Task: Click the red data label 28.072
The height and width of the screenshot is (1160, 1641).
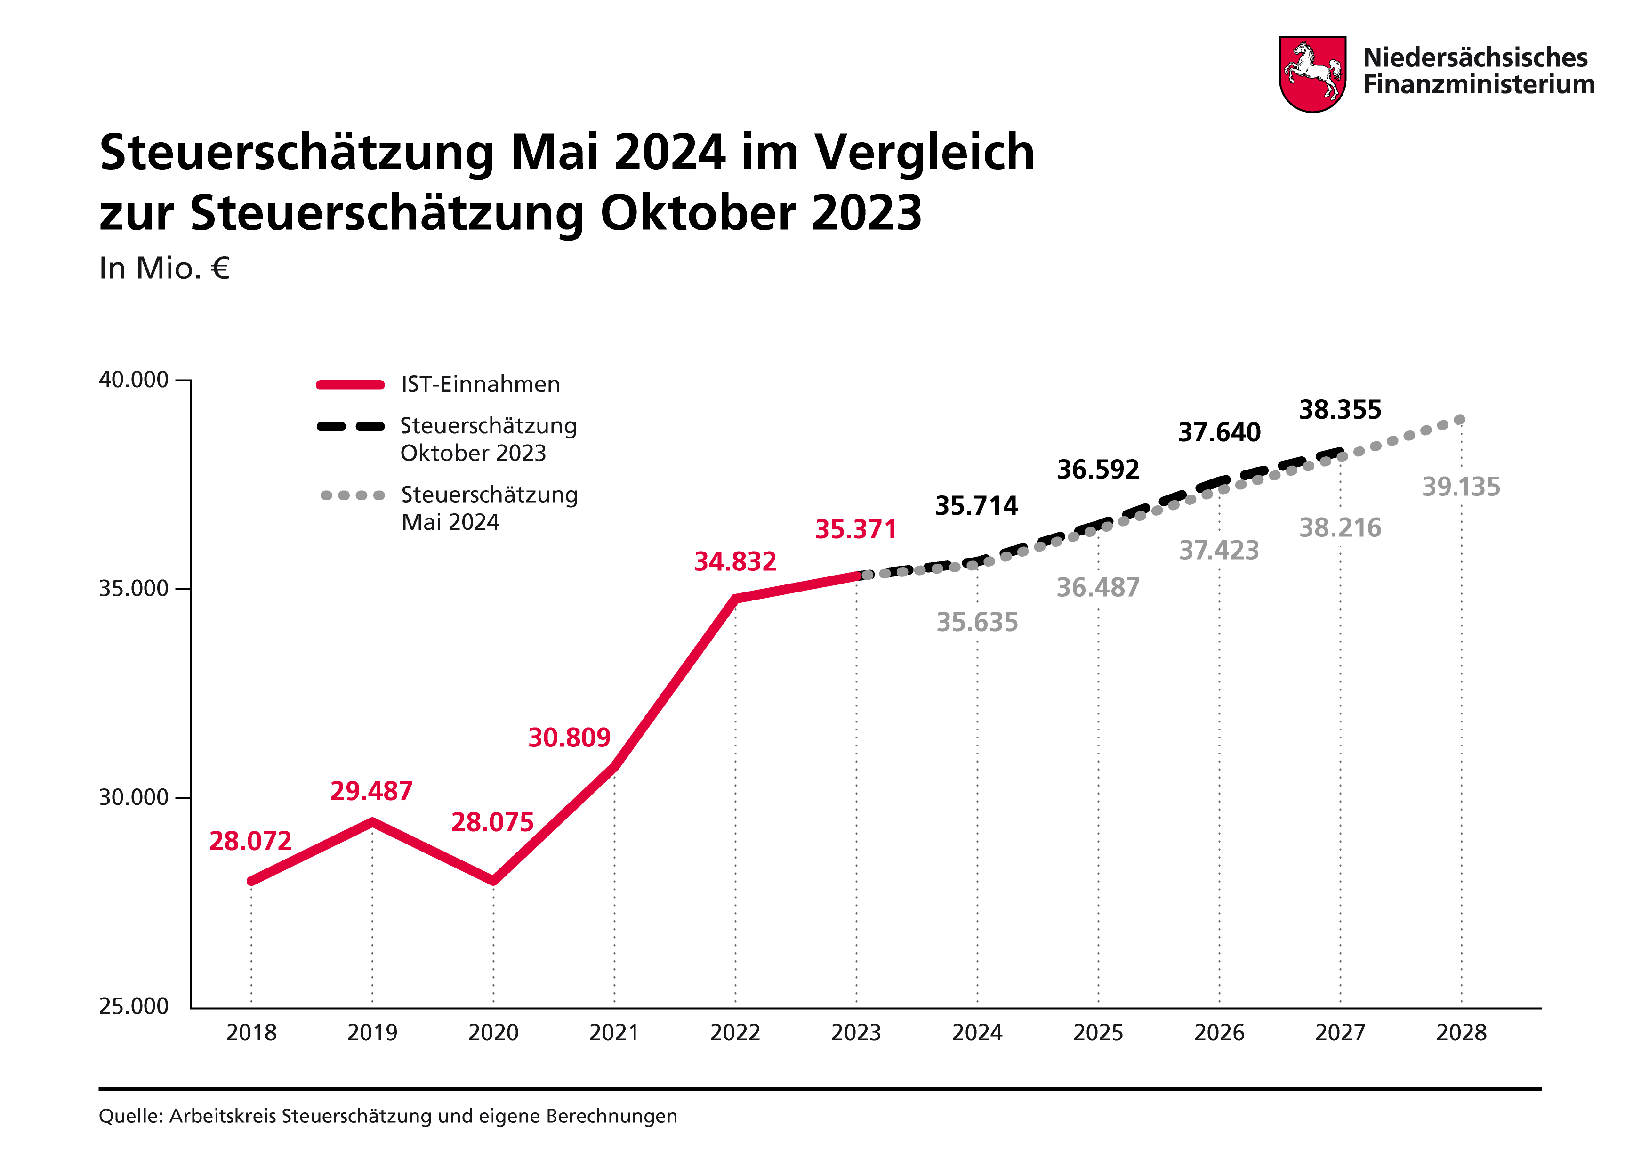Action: tap(250, 841)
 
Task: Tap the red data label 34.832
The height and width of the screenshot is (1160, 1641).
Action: tap(735, 561)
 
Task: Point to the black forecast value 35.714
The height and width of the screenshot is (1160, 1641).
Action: tap(976, 506)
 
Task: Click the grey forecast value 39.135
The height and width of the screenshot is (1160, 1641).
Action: tap(1461, 487)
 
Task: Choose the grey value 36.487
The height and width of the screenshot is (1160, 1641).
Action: tap(1098, 587)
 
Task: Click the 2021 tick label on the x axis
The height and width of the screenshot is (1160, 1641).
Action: tap(614, 1033)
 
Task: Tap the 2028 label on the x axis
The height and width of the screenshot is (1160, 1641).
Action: tap(1461, 1033)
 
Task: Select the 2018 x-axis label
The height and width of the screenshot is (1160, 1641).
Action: tap(251, 1033)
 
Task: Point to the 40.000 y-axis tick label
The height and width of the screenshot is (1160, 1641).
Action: tap(134, 380)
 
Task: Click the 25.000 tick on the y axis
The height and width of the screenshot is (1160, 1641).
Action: tap(134, 1006)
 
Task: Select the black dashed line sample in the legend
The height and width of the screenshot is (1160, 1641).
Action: tap(350, 426)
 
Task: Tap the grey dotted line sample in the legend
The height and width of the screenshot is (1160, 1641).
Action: tap(353, 495)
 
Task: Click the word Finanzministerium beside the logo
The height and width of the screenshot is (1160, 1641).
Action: tap(1478, 84)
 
